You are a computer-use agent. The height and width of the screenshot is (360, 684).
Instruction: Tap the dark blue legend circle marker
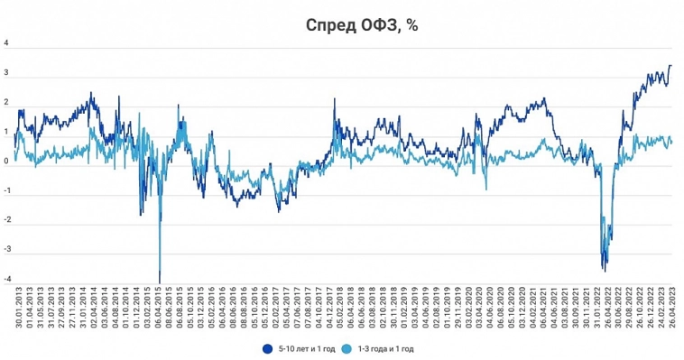pos(268,347)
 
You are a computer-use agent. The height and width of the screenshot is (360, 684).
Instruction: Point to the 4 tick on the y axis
pos(7,43)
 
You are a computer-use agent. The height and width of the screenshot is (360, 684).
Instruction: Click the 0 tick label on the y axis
pos(7,162)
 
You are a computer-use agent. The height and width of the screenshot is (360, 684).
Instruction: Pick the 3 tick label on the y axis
pos(7,73)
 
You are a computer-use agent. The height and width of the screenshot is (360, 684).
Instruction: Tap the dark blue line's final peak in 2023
pos(670,65)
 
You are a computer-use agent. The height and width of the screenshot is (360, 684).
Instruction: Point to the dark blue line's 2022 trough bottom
pos(605,270)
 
